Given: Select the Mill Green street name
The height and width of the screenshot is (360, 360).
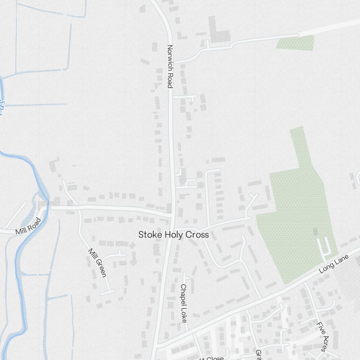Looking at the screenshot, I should tap(97, 262).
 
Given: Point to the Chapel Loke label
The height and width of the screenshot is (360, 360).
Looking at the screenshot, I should tap(184, 303).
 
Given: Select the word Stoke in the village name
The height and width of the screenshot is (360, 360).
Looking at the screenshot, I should tap(150, 235).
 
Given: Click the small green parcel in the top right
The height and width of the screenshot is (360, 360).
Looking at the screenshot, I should tap(296, 43).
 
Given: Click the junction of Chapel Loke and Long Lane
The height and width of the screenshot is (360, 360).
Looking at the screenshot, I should tap(193, 333).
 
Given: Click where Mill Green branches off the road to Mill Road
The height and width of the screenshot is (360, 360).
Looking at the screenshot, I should tap(78, 207).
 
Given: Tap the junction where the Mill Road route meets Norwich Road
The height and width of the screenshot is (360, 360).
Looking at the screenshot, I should tap(172, 215).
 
